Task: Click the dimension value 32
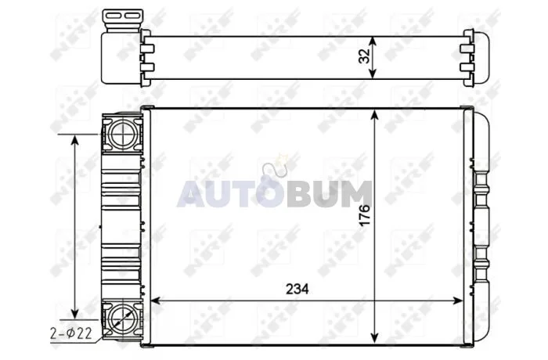(x=365, y=56)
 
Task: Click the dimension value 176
(x=365, y=216)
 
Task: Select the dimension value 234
(x=297, y=289)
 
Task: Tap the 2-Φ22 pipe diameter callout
(x=71, y=333)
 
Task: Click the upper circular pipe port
(x=123, y=134)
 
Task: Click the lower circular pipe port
(x=123, y=317)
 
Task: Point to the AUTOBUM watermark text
(x=275, y=194)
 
